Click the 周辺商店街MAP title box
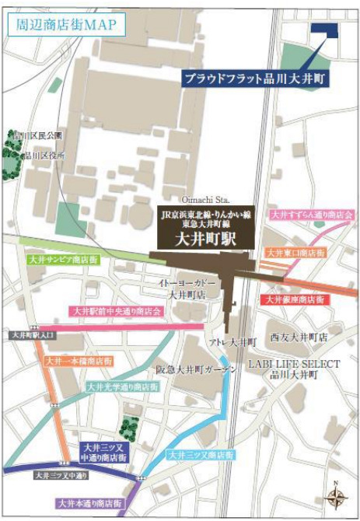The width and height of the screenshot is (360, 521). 65,23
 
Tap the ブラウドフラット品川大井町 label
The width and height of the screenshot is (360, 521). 254,78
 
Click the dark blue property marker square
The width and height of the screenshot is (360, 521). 324,30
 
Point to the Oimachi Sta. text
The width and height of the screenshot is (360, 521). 205,200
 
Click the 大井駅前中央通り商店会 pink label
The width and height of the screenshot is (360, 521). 117,311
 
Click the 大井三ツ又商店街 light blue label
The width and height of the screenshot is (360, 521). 201,454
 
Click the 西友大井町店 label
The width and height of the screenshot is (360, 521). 299,338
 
